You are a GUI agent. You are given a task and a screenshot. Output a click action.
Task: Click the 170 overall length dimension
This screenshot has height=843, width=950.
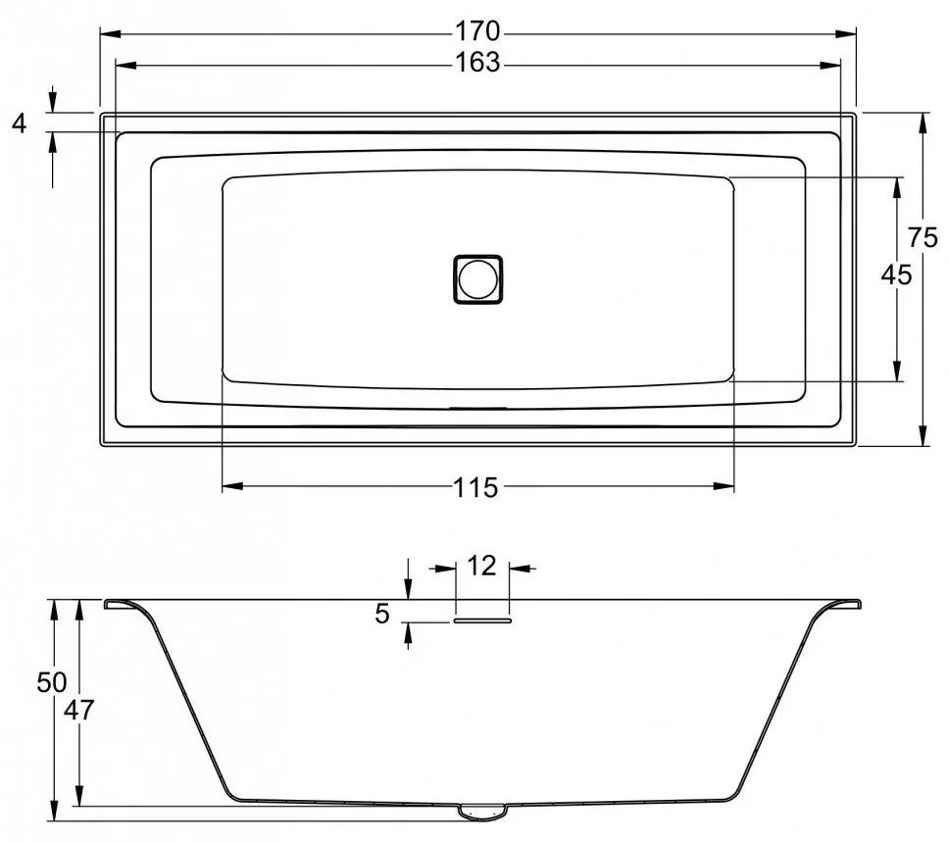pos(477,30)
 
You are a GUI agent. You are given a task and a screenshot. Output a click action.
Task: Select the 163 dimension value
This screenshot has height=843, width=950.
pos(477,63)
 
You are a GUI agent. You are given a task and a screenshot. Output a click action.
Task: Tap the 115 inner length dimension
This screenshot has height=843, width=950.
pos(476,487)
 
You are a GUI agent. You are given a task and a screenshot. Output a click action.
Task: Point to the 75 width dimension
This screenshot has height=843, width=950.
pos(923,237)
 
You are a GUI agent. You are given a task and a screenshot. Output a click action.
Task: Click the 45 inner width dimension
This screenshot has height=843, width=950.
pos(896,275)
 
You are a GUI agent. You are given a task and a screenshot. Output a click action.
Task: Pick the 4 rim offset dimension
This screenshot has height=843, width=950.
pos(20,124)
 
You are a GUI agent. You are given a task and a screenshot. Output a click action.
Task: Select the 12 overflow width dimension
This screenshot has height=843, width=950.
pos(481,566)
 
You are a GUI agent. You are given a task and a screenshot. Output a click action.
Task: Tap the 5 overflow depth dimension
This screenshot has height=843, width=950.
pos(381,614)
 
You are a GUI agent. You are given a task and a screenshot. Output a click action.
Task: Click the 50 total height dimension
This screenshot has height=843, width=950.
pos(52,682)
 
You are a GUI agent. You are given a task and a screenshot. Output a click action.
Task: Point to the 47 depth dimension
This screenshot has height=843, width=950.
pos(79,710)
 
